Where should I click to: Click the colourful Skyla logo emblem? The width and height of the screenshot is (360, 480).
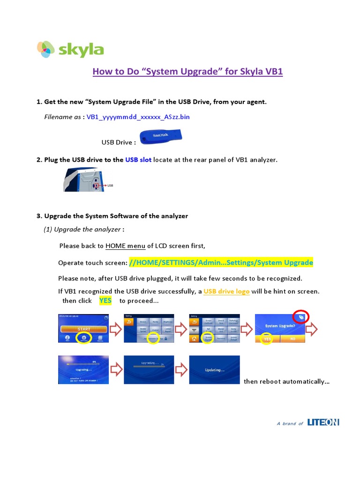46,49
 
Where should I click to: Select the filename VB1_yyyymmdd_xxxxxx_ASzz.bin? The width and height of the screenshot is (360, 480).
138,117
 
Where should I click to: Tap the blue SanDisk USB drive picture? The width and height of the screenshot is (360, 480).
161,136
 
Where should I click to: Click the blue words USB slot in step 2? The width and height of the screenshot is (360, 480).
138,160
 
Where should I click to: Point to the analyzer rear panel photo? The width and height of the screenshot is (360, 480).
84,180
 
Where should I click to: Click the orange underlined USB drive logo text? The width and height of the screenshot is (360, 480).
226,291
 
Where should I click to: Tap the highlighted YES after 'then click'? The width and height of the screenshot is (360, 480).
105,300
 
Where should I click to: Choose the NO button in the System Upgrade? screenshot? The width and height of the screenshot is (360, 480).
292,338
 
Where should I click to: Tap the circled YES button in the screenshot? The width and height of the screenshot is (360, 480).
267,339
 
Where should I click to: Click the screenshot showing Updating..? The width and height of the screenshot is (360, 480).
214,370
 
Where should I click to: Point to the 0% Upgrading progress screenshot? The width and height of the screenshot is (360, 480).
83,370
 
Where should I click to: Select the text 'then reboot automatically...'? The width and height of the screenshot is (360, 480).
286,381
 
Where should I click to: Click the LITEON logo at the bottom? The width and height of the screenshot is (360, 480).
323,422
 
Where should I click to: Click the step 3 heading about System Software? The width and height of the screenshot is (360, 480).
112,216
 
